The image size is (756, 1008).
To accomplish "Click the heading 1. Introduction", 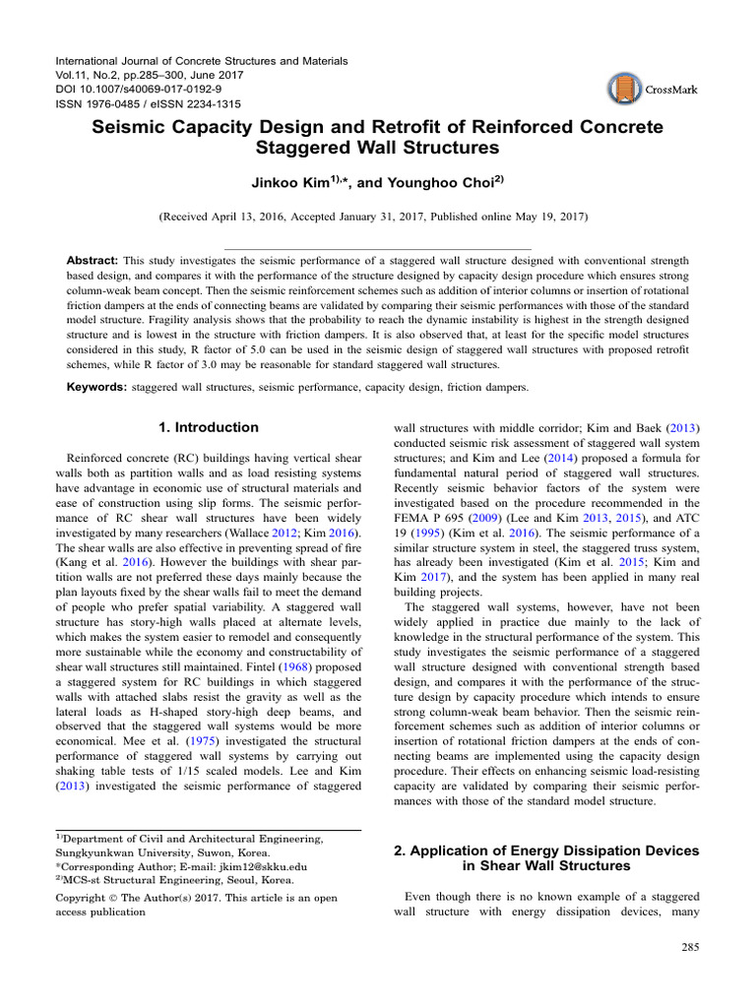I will click(210, 427).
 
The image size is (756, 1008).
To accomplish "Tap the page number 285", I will click(688, 947).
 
